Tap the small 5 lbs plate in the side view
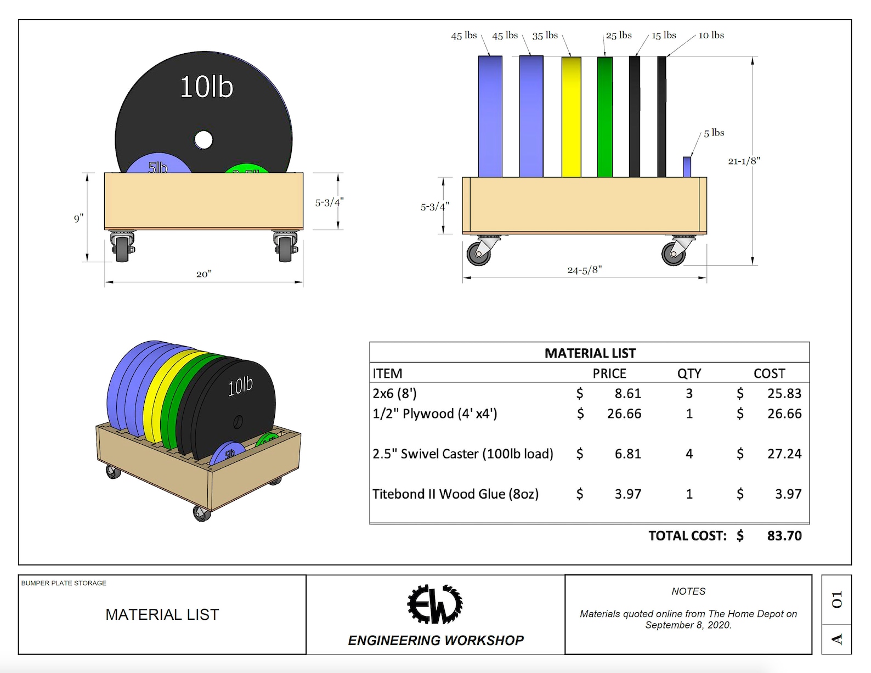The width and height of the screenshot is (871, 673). (x=687, y=167)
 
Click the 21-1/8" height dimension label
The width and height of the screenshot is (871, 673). (x=744, y=161)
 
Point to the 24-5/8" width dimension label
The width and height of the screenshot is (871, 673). (x=584, y=270)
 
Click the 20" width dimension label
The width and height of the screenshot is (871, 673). (x=203, y=274)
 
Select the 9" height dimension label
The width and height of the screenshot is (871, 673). (x=78, y=218)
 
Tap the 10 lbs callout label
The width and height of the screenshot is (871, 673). (x=711, y=35)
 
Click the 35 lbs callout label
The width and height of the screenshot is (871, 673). (x=545, y=36)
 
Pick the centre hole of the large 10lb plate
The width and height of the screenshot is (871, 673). (x=203, y=140)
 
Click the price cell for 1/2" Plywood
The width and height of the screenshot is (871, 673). (x=624, y=414)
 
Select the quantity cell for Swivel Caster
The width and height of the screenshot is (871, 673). (x=689, y=454)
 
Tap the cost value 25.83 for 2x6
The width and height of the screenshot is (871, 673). (x=784, y=393)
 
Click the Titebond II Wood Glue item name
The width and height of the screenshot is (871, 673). (x=455, y=494)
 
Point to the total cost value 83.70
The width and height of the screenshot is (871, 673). (x=784, y=535)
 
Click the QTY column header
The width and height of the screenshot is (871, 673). (x=689, y=374)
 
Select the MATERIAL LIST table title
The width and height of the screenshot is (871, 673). (x=590, y=353)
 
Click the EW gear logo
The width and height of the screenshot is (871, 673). (x=435, y=604)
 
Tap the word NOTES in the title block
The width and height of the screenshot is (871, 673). (x=688, y=591)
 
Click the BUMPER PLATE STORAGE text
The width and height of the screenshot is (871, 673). (x=64, y=583)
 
